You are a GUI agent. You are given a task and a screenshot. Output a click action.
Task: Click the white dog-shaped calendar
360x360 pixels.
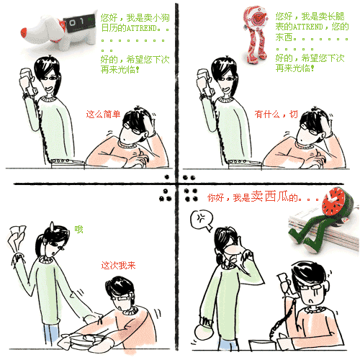point(60,30)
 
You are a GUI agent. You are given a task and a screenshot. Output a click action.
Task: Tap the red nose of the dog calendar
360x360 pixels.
point(24,32)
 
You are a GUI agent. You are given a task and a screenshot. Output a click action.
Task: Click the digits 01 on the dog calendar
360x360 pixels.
point(76,22)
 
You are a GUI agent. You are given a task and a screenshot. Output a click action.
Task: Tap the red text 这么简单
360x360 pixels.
point(103,114)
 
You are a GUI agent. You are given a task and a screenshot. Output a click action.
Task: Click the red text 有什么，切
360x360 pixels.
point(276,114)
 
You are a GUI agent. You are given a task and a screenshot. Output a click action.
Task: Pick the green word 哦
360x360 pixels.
point(78,230)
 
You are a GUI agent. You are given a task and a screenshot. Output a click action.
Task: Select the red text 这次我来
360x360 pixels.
point(118,265)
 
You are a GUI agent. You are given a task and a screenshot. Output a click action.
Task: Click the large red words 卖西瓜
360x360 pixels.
point(270,197)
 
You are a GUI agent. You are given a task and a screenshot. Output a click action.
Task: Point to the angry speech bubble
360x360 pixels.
point(202,220)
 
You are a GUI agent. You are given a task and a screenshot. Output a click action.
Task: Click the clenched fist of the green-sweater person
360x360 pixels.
point(204,333)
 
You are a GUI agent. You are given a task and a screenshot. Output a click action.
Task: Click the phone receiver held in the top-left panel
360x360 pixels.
point(27,81)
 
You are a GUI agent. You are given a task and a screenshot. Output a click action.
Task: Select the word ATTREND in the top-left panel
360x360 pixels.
point(142,28)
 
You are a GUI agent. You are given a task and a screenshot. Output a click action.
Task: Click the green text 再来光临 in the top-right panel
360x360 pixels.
point(293,68)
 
